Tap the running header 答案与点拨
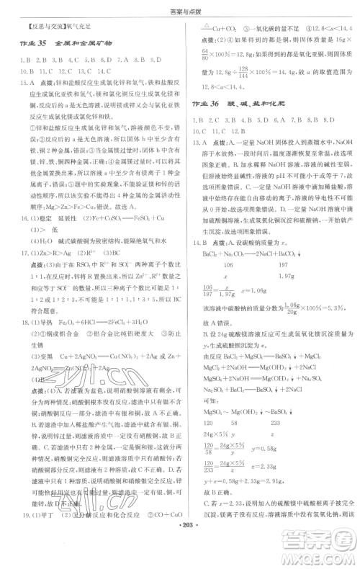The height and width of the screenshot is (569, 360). tap(179, 8)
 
